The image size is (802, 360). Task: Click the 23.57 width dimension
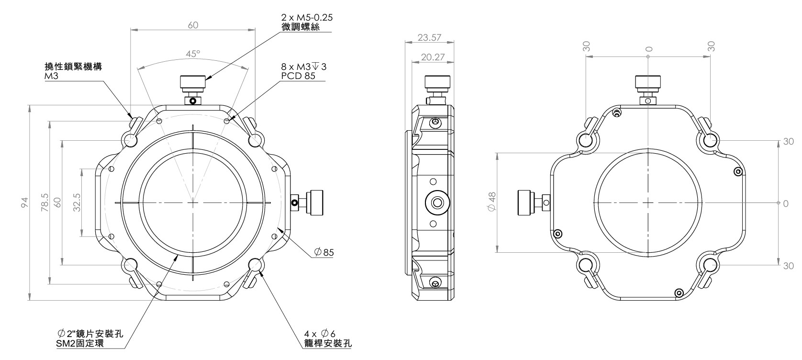(x=429, y=37)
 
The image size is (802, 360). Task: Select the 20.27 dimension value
(x=433, y=57)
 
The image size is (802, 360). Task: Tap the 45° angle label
(x=193, y=54)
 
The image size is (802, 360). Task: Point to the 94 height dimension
(x=24, y=202)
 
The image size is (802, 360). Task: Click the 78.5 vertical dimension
(x=45, y=202)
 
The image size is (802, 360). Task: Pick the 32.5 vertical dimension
(x=77, y=202)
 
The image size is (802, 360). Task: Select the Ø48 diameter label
(x=492, y=202)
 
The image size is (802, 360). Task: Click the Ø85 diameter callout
(x=324, y=252)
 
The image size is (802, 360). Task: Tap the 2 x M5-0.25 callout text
(x=307, y=18)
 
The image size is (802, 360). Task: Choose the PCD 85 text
(x=298, y=76)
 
